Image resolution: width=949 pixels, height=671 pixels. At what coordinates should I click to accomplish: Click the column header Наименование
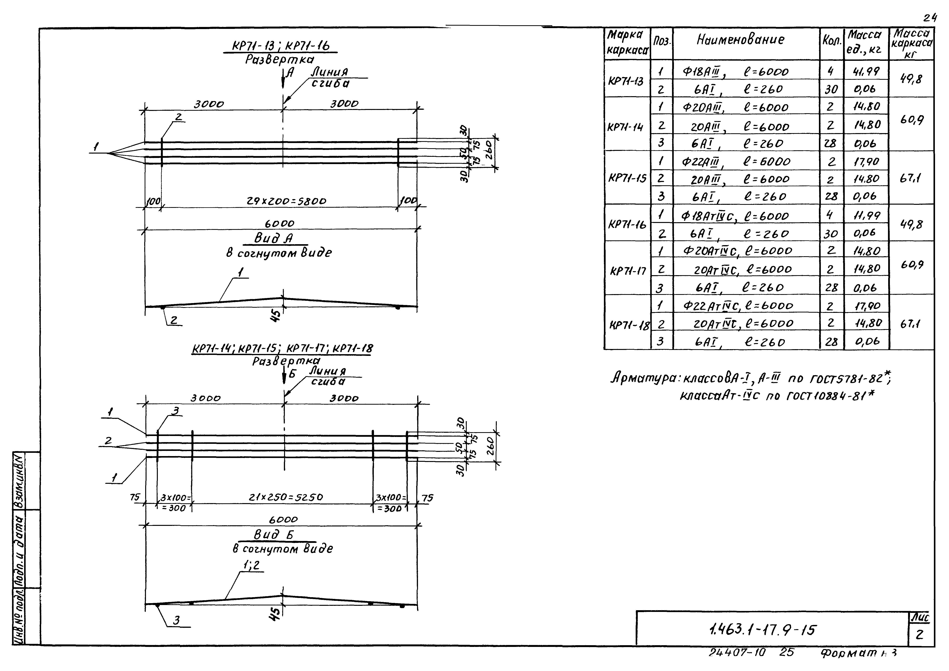(740, 40)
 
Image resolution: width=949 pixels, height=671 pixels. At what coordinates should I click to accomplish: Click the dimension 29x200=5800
(286, 201)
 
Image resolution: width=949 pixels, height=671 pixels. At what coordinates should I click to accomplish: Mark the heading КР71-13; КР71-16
(281, 46)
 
